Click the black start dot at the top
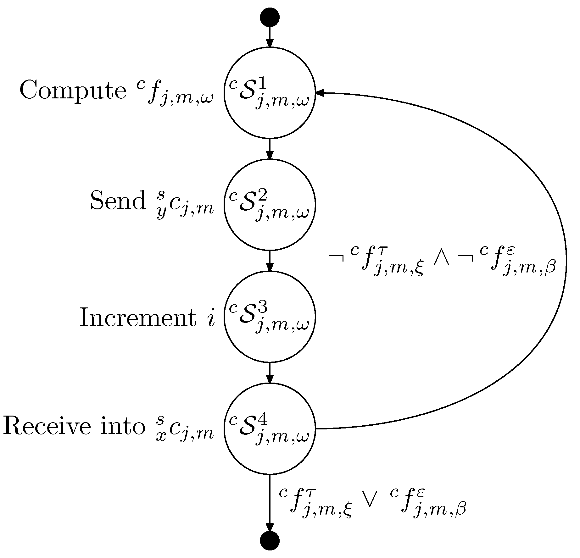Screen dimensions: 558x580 pyautogui.click(x=270, y=17)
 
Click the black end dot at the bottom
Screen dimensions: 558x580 pyautogui.click(x=270, y=541)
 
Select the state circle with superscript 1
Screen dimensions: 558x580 pyautogui.click(x=270, y=93)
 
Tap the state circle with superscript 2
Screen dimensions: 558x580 pyautogui.click(x=270, y=205)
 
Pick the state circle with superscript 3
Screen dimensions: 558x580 pyautogui.click(x=270, y=317)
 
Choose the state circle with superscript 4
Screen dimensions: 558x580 pyautogui.click(x=270, y=428)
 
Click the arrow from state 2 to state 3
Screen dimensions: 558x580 pyautogui.click(x=270, y=261)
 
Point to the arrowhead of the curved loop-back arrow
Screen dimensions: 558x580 pyautogui.click(x=320, y=93)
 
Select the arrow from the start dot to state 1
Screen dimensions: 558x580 pyautogui.click(x=270, y=37)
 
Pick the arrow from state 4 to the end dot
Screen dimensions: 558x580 pyautogui.click(x=270, y=503)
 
